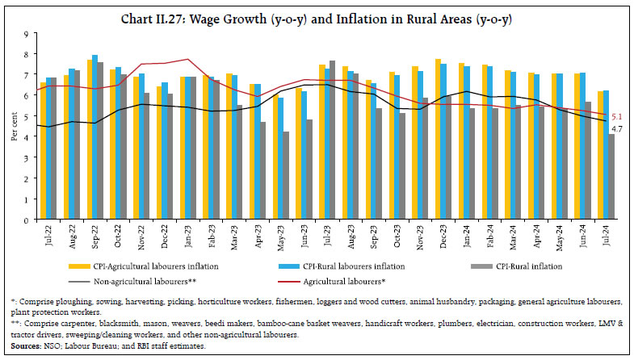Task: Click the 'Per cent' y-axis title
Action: click(13, 127)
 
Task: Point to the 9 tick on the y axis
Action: click(26, 34)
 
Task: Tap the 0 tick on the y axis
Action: click(26, 220)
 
